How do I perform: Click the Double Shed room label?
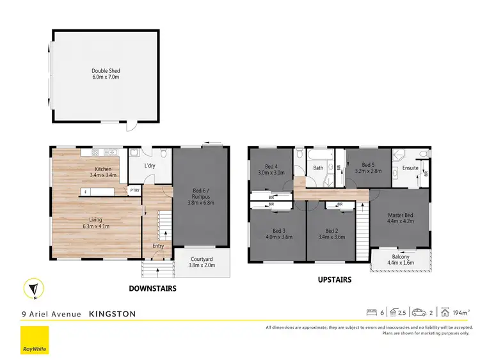click(105, 74)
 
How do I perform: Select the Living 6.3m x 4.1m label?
click(95, 223)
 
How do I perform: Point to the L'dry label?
click(150, 166)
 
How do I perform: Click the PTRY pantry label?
click(134, 190)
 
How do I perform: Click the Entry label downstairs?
click(158, 246)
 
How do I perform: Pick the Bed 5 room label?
click(367, 168)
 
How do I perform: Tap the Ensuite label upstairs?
click(410, 168)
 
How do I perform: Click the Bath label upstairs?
click(318, 168)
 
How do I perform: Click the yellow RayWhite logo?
click(35, 340)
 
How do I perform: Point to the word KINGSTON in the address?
click(112, 314)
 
